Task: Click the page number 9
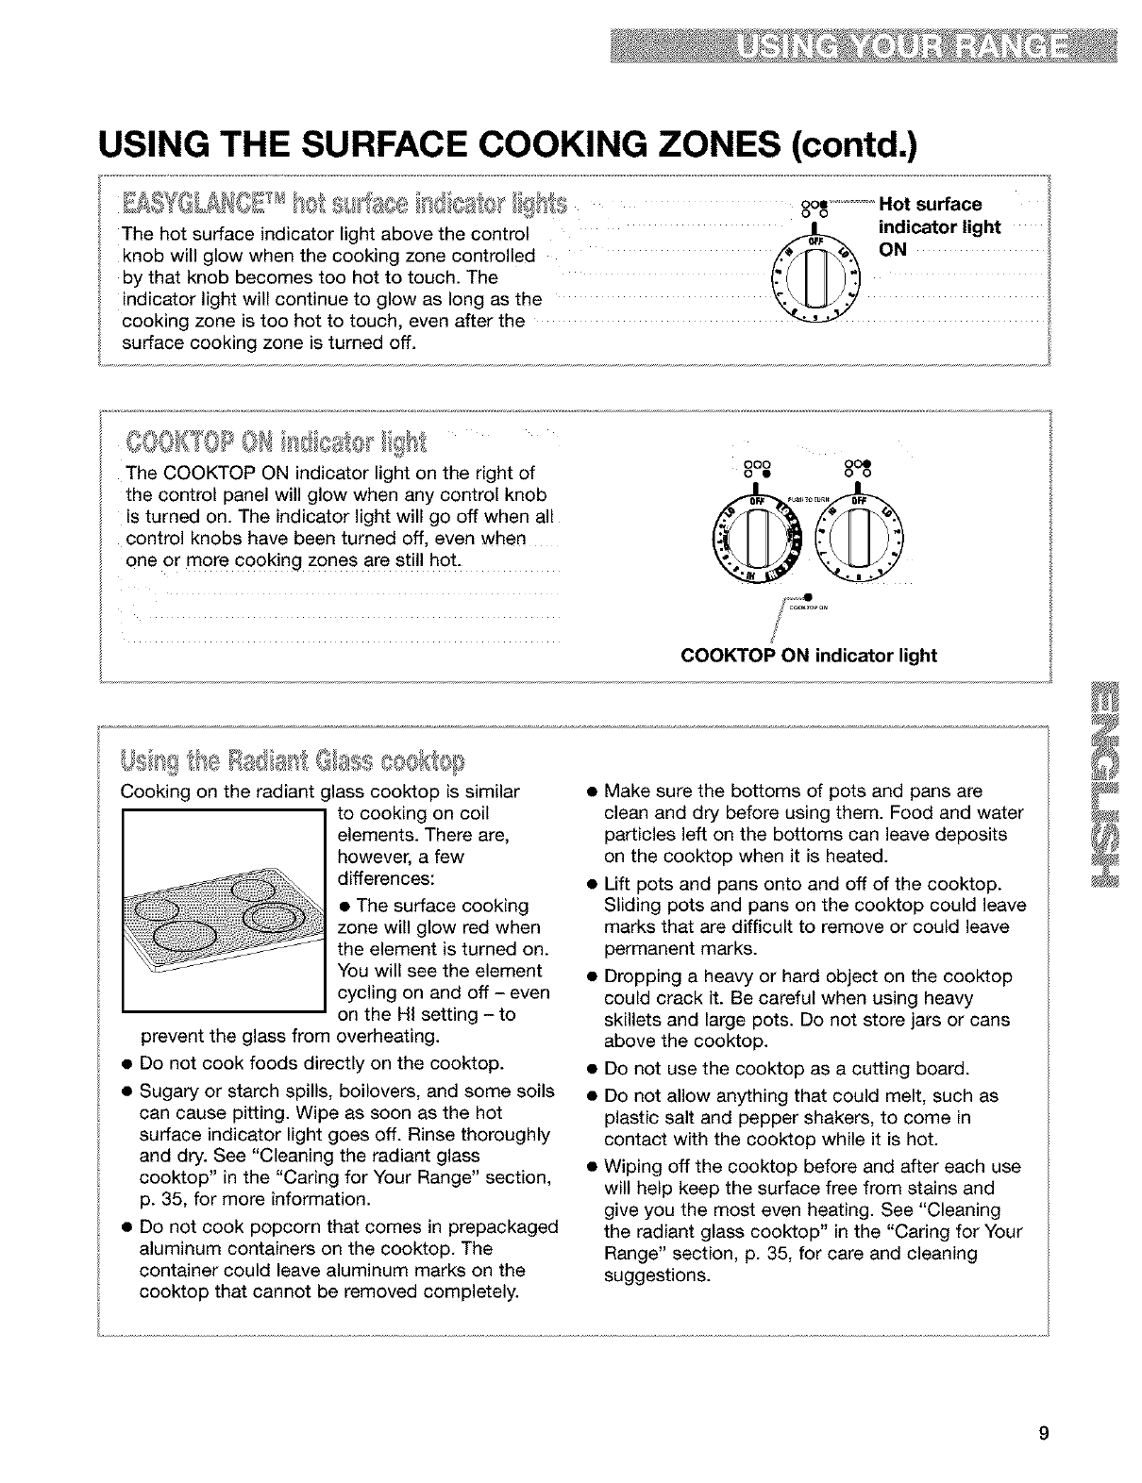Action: click(1043, 1434)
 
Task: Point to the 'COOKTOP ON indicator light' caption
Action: click(809, 656)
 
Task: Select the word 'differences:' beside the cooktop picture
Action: click(386, 878)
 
